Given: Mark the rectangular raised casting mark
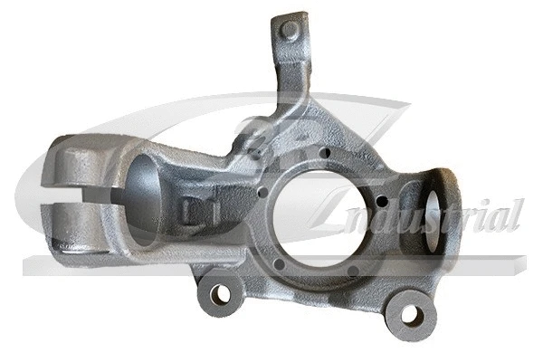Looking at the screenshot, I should [192, 211].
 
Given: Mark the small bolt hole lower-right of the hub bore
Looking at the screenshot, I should [359, 262].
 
